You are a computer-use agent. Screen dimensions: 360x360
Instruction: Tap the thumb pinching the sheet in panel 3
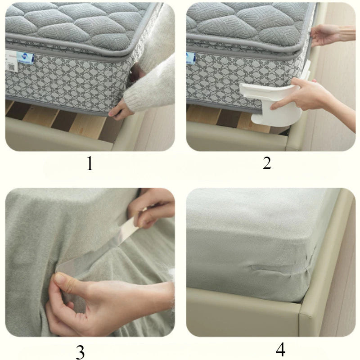click(x=65, y=283)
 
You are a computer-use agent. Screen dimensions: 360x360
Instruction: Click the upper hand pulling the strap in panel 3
click(x=151, y=207)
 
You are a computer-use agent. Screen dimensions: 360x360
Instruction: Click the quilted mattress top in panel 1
click(x=76, y=22)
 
